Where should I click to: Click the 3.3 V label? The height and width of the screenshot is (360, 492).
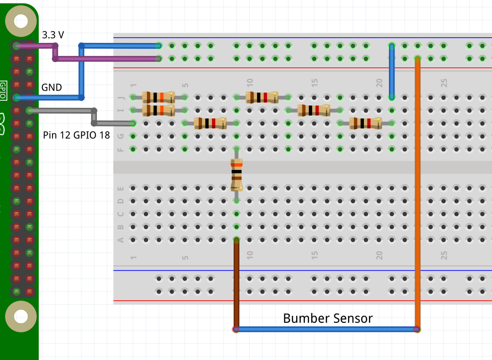(53, 35)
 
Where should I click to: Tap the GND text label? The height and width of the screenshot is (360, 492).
(52, 87)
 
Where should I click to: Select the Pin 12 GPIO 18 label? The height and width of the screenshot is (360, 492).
(76, 135)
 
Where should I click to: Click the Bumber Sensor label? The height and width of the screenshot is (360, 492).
(328, 318)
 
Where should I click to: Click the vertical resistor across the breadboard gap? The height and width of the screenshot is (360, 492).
(236, 174)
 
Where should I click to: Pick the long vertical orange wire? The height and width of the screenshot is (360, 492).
(417, 191)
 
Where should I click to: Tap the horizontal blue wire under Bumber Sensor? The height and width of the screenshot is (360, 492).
(327, 329)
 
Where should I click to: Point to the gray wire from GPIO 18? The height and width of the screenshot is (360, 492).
(62, 111)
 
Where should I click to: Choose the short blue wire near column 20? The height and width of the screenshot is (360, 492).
(392, 72)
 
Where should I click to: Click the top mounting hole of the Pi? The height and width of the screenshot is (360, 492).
(21, 21)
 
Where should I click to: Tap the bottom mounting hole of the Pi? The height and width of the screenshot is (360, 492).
(21, 316)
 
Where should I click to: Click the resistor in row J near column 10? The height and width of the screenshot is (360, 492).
(262, 97)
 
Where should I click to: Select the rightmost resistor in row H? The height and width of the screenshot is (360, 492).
(365, 123)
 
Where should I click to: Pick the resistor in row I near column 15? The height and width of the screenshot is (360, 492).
(314, 110)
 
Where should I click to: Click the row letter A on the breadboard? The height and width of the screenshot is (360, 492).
(121, 240)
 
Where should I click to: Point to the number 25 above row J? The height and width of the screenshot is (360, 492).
(444, 83)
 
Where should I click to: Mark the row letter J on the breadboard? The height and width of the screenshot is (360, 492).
(121, 97)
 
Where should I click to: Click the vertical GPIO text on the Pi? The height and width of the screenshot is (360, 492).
(3, 89)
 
